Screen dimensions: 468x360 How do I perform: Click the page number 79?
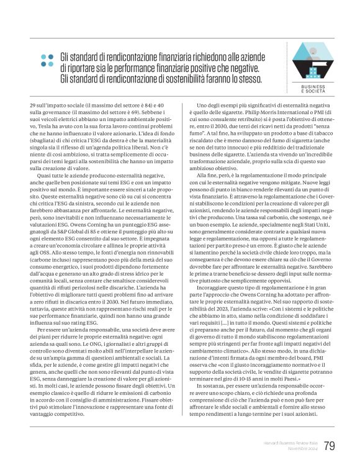point(329,446)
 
